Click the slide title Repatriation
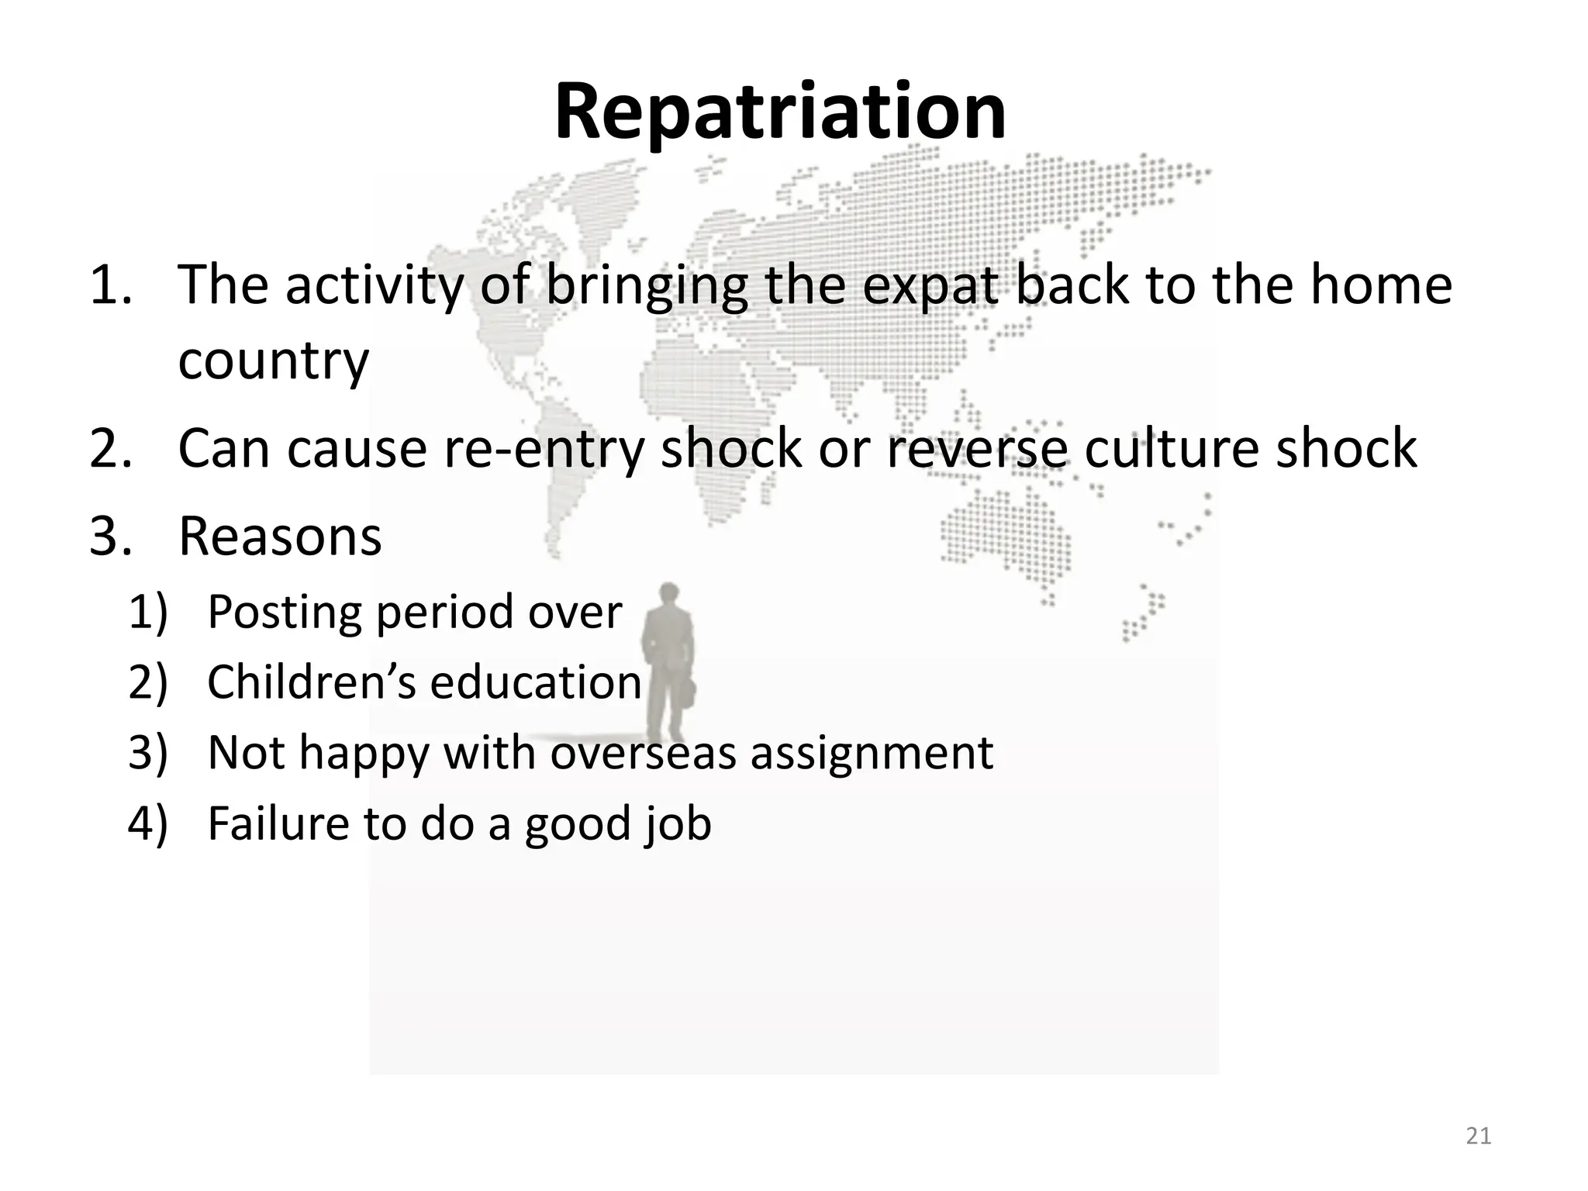[780, 112]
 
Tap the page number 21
[1479, 1136]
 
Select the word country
[273, 361]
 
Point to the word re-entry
[544, 449]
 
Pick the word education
[536, 682]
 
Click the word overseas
[643, 752]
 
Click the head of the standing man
[668, 595]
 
